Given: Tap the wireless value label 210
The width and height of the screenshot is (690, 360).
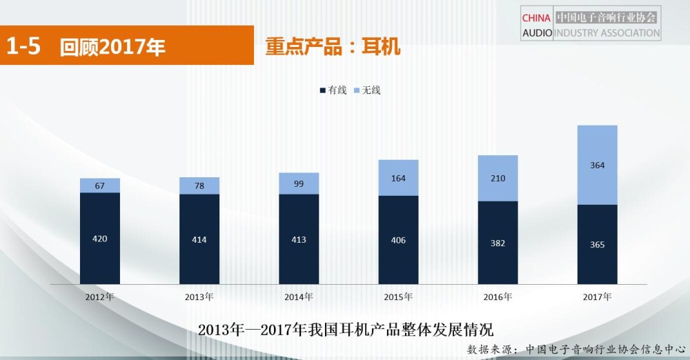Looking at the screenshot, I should click(x=497, y=179).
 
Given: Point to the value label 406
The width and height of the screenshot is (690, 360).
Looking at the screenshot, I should click(x=398, y=240).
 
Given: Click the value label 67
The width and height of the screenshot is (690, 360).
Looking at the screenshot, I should click(x=99, y=186).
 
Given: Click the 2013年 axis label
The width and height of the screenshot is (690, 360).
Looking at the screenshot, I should click(x=199, y=297).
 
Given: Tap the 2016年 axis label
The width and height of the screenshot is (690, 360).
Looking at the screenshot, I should click(x=497, y=297).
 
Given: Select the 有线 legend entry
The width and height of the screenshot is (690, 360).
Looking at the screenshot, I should click(x=333, y=90).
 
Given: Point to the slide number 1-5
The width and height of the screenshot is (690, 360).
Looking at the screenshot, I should click(x=23, y=46).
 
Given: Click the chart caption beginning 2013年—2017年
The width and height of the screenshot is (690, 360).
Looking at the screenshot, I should click(x=345, y=329).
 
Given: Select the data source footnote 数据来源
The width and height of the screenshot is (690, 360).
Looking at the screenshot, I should click(x=576, y=349).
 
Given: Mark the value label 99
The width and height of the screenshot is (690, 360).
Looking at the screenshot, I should click(x=299, y=183).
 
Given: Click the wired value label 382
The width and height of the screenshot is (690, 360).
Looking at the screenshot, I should click(x=497, y=243).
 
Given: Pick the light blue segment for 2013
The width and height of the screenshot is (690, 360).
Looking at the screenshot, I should click(x=199, y=186).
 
